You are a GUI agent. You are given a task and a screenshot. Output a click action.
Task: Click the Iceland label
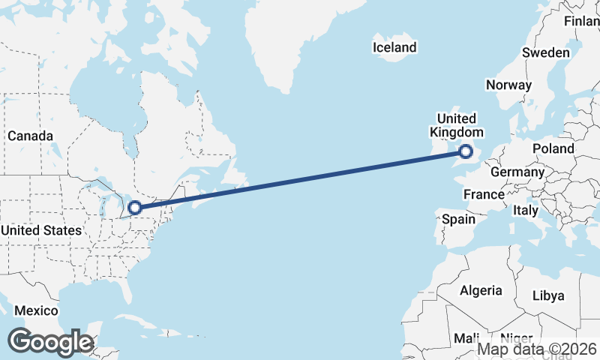pos(394,47)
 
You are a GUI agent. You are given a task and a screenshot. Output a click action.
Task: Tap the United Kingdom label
pos(456,125)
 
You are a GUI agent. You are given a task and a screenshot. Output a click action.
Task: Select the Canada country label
pos(30,136)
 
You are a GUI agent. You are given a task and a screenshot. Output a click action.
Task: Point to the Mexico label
pos(36,310)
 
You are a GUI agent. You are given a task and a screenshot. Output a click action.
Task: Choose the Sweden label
pos(545,52)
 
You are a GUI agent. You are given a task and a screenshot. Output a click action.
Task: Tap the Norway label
pos(508,85)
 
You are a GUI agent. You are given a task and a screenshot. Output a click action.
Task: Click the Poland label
pos(553,148)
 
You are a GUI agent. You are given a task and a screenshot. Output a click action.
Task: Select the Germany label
pos(517,172)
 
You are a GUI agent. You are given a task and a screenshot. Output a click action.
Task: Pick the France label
pos(484,194)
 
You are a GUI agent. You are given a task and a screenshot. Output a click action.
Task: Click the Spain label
pos(459,219)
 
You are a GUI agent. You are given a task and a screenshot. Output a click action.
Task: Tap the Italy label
pos(526,211)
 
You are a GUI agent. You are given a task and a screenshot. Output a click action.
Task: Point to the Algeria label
pos(480,290)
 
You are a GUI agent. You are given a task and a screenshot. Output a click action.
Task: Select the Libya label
pos(547,295)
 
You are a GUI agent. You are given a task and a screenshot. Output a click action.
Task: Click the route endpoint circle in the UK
pos(466,152)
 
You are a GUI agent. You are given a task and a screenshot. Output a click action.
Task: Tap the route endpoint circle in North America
pos(136,208)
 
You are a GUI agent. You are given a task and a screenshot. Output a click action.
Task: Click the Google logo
pos(50,341)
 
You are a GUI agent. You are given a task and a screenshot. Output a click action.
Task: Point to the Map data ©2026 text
pos(537,349)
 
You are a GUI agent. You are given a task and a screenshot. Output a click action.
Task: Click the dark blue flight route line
pos(300,180)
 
